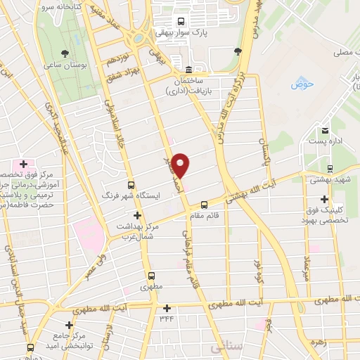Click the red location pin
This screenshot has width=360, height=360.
click(x=181, y=165)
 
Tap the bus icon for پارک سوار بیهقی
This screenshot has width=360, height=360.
click(x=181, y=21)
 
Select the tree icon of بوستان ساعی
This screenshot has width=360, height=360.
click(x=65, y=53)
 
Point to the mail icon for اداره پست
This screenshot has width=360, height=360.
click(x=325, y=131)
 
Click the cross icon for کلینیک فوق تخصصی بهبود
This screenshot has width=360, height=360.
click(x=324, y=198)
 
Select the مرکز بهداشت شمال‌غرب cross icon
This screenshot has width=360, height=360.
click(x=137, y=214)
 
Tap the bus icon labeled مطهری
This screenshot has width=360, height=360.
click(x=150, y=276)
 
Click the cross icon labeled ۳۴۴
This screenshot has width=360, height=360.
click(x=167, y=308)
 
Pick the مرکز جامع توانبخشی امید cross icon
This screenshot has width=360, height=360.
click(x=69, y=325)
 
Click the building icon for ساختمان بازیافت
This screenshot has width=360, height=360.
click(x=188, y=69)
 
